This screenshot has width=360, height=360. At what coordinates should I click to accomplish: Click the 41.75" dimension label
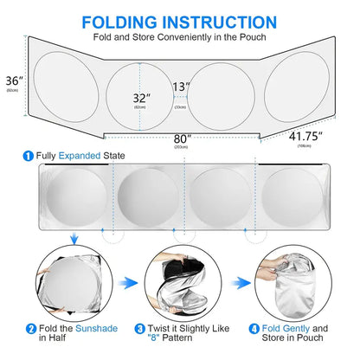pos(305,136)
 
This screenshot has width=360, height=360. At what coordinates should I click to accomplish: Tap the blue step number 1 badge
pos(28,156)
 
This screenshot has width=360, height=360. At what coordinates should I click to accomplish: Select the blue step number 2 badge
pos(30,330)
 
